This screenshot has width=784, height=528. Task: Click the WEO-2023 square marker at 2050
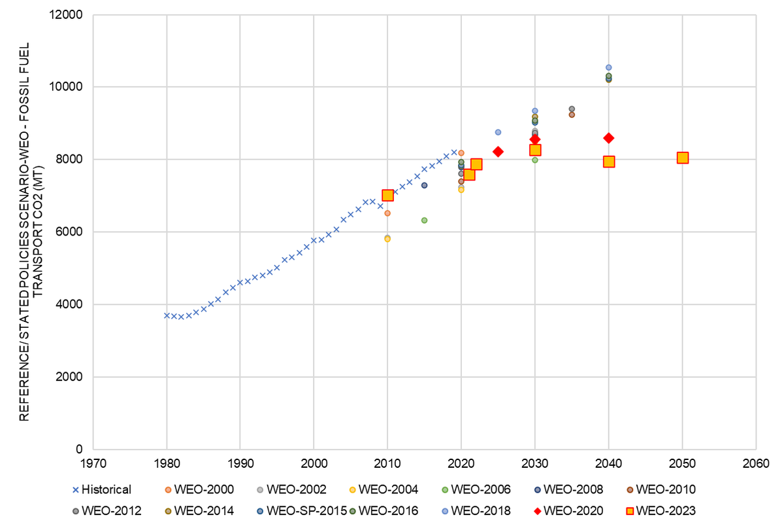click(x=683, y=158)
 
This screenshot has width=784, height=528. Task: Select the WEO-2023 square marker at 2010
click(x=387, y=195)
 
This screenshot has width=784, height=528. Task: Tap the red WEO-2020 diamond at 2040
click(x=609, y=138)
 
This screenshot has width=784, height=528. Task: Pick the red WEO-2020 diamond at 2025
click(x=498, y=152)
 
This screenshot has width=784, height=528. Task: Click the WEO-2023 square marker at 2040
click(x=609, y=162)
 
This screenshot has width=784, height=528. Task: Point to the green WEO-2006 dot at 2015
click(x=424, y=220)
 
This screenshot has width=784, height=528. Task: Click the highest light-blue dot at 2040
click(x=609, y=67)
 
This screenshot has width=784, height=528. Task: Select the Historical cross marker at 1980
click(x=167, y=315)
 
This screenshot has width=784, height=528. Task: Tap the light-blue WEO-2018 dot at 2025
click(x=498, y=132)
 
